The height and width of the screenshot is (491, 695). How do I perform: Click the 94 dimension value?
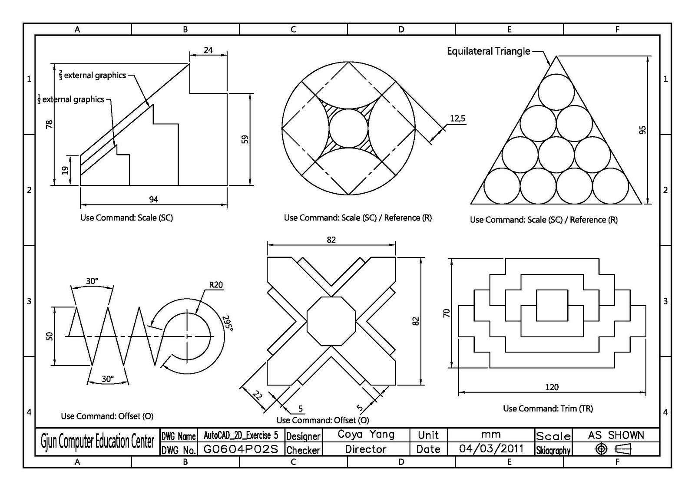153,199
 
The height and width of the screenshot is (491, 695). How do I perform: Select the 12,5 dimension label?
457,118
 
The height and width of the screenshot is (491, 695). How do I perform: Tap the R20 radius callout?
215,285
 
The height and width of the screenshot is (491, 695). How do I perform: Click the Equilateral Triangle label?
488,51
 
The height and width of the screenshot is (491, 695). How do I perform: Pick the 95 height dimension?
642,130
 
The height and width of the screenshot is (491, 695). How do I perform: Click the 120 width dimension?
552,387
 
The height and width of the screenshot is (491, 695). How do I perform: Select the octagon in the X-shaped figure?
331,321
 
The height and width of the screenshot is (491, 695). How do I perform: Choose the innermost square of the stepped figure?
552,306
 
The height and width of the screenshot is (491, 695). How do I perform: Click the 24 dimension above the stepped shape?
208,50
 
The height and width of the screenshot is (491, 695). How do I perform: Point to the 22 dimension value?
258,395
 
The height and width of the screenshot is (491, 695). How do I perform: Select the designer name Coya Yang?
366,435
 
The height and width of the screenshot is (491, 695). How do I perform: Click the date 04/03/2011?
491,448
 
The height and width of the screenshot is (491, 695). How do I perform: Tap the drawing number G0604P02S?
240,449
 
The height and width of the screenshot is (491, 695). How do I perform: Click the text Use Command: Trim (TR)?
548,409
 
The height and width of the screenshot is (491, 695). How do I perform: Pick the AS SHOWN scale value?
616,435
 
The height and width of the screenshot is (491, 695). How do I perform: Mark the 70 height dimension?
447,313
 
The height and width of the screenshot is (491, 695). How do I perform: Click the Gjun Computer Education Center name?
97,442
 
